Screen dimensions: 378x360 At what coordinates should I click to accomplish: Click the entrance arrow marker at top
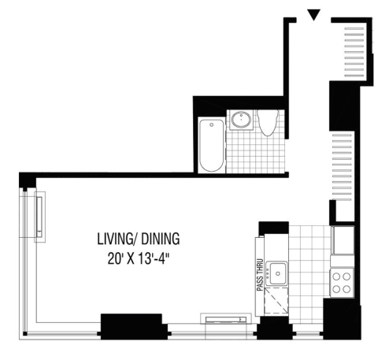313,15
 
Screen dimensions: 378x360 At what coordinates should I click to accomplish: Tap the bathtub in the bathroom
211,145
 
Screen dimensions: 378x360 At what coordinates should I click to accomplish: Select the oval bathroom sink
242,120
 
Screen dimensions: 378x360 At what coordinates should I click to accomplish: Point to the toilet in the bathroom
268,122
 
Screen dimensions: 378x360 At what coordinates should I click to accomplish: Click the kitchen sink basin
277,273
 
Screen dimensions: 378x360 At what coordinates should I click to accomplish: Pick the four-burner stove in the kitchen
342,283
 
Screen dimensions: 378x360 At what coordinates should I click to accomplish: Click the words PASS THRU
260,275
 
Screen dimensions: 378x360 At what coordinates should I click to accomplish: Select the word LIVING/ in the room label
117,239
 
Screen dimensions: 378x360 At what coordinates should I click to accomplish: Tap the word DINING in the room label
161,239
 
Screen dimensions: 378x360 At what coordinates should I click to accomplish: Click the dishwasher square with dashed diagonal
276,301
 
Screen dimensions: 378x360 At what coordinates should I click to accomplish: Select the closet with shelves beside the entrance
354,50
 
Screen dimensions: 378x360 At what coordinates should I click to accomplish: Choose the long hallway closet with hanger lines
342,167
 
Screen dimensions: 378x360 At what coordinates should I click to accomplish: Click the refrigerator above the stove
343,240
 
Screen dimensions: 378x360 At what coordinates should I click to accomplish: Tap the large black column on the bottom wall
132,326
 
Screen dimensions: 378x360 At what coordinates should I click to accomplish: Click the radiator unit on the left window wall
39,217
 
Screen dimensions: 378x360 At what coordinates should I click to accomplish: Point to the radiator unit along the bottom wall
226,319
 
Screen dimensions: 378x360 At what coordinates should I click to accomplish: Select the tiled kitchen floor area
309,273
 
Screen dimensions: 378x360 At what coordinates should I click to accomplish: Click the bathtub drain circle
212,125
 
